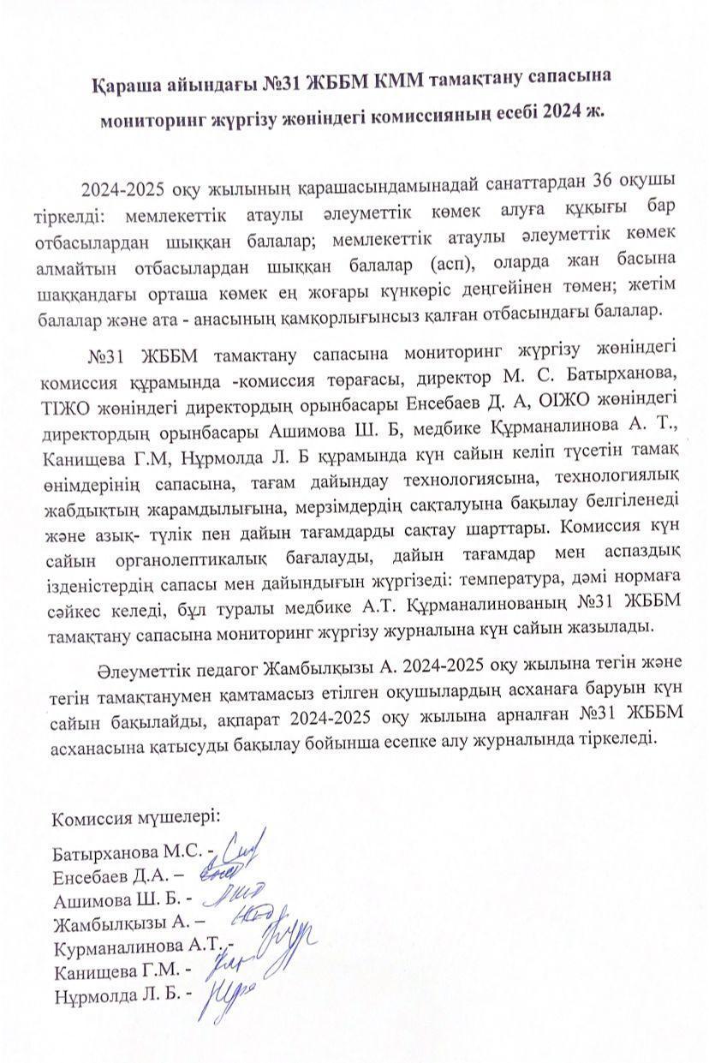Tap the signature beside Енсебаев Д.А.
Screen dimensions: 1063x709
click(x=212, y=874)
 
